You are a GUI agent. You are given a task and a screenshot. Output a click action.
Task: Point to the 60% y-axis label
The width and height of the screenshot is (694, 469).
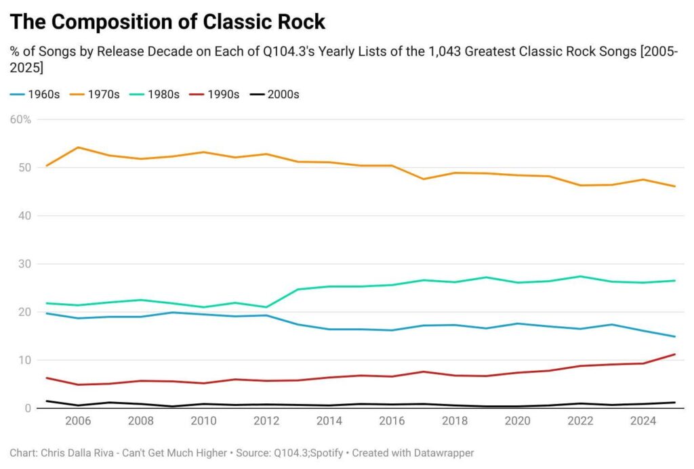coord(20,120)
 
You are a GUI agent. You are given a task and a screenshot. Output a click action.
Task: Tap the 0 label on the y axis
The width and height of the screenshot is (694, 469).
coord(26,408)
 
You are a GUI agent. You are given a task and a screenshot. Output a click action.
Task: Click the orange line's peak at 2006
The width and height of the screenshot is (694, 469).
coord(78,147)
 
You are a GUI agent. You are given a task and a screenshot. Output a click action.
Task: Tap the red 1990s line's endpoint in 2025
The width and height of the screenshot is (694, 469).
coord(674,354)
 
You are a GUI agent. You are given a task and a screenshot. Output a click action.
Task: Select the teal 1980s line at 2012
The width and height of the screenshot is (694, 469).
coord(266,307)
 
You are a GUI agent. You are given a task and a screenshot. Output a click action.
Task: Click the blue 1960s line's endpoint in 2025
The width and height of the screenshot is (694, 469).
coord(674,336)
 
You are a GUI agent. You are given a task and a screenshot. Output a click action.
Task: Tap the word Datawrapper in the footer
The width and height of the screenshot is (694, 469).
coord(442,452)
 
